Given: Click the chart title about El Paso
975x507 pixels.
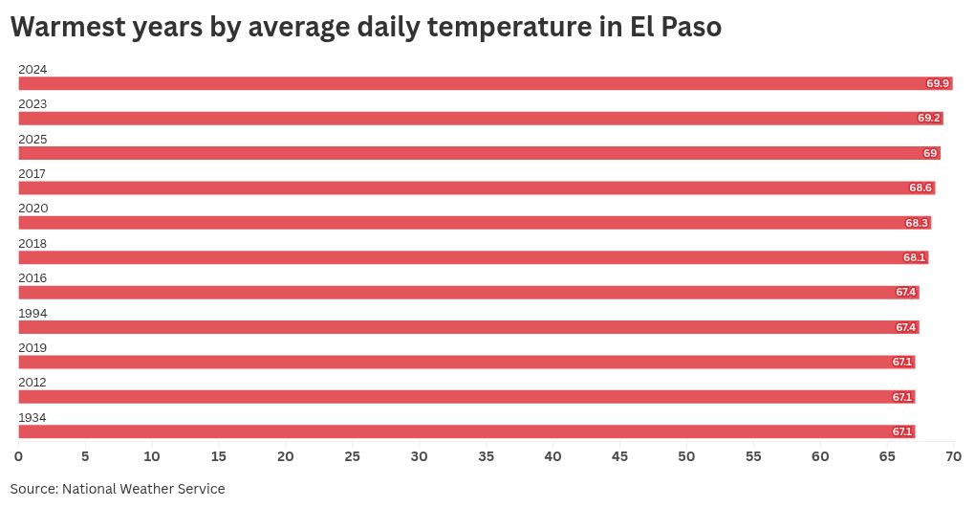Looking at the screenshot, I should click(365, 29).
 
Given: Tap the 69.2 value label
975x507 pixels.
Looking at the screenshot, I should click(929, 119).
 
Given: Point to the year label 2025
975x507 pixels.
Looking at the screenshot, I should click(32, 139).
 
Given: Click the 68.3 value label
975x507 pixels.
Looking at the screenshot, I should click(917, 223).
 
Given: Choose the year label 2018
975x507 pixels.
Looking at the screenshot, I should click(32, 243).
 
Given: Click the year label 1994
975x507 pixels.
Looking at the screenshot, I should click(32, 313).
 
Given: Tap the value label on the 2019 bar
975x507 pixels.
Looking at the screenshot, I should click(902, 362).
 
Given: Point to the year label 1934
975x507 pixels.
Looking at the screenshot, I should click(32, 417).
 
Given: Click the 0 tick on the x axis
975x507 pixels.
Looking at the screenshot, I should click(18, 456).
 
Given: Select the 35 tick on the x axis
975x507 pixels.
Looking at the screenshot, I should click(486, 456).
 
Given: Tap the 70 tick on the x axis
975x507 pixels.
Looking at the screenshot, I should click(953, 456).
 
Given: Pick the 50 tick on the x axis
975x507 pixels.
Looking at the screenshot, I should click(686, 456).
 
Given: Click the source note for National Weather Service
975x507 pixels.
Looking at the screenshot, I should click(118, 489).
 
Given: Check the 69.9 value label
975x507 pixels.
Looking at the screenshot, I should click(938, 83).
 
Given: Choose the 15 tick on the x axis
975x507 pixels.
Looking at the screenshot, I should click(219, 456).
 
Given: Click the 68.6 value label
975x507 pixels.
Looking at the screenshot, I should click(921, 187).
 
